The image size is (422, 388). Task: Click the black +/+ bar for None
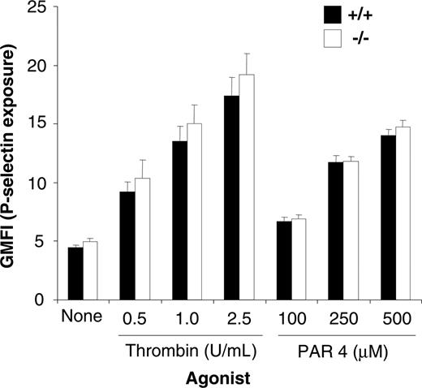[x=75, y=274]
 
